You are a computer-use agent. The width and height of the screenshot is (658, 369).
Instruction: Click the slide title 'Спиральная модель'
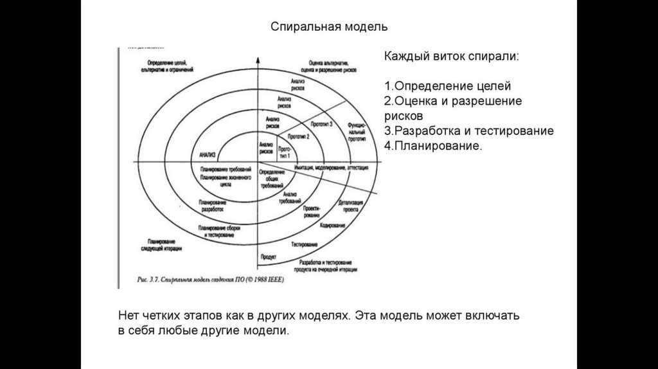328,28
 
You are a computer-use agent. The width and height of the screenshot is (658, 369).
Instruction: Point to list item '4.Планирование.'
432,146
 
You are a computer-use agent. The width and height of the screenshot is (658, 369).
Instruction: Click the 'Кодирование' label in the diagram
332,227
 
